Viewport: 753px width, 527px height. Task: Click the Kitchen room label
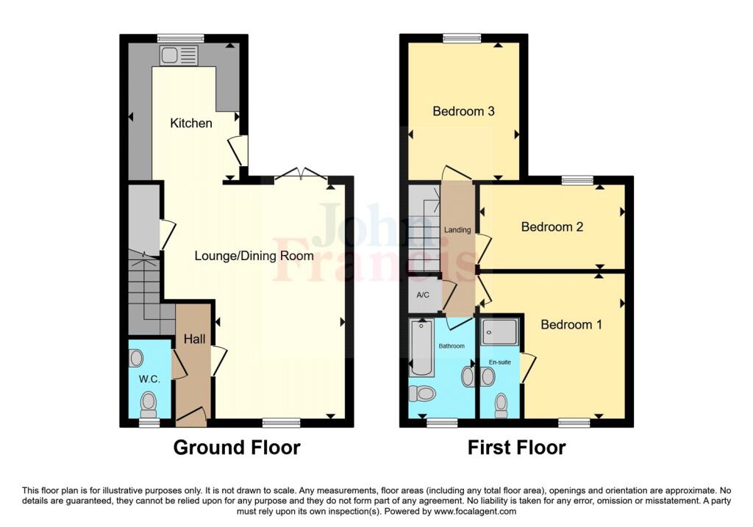(x=191, y=123)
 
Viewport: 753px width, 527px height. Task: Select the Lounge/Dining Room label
(x=254, y=256)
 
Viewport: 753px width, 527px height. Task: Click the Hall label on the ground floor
(x=195, y=339)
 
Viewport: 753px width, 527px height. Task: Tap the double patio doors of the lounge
(x=301, y=174)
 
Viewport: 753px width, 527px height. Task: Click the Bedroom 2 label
(x=552, y=227)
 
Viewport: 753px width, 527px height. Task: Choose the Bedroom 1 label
(x=571, y=324)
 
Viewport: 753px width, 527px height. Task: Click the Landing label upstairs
(x=457, y=230)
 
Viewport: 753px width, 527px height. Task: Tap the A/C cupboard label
(x=423, y=295)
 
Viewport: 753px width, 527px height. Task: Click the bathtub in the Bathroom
(x=422, y=347)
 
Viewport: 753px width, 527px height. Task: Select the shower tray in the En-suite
(x=500, y=333)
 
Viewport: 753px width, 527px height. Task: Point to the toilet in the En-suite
(x=502, y=404)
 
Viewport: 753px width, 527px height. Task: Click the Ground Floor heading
(x=237, y=447)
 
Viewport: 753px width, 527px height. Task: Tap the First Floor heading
(x=516, y=447)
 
